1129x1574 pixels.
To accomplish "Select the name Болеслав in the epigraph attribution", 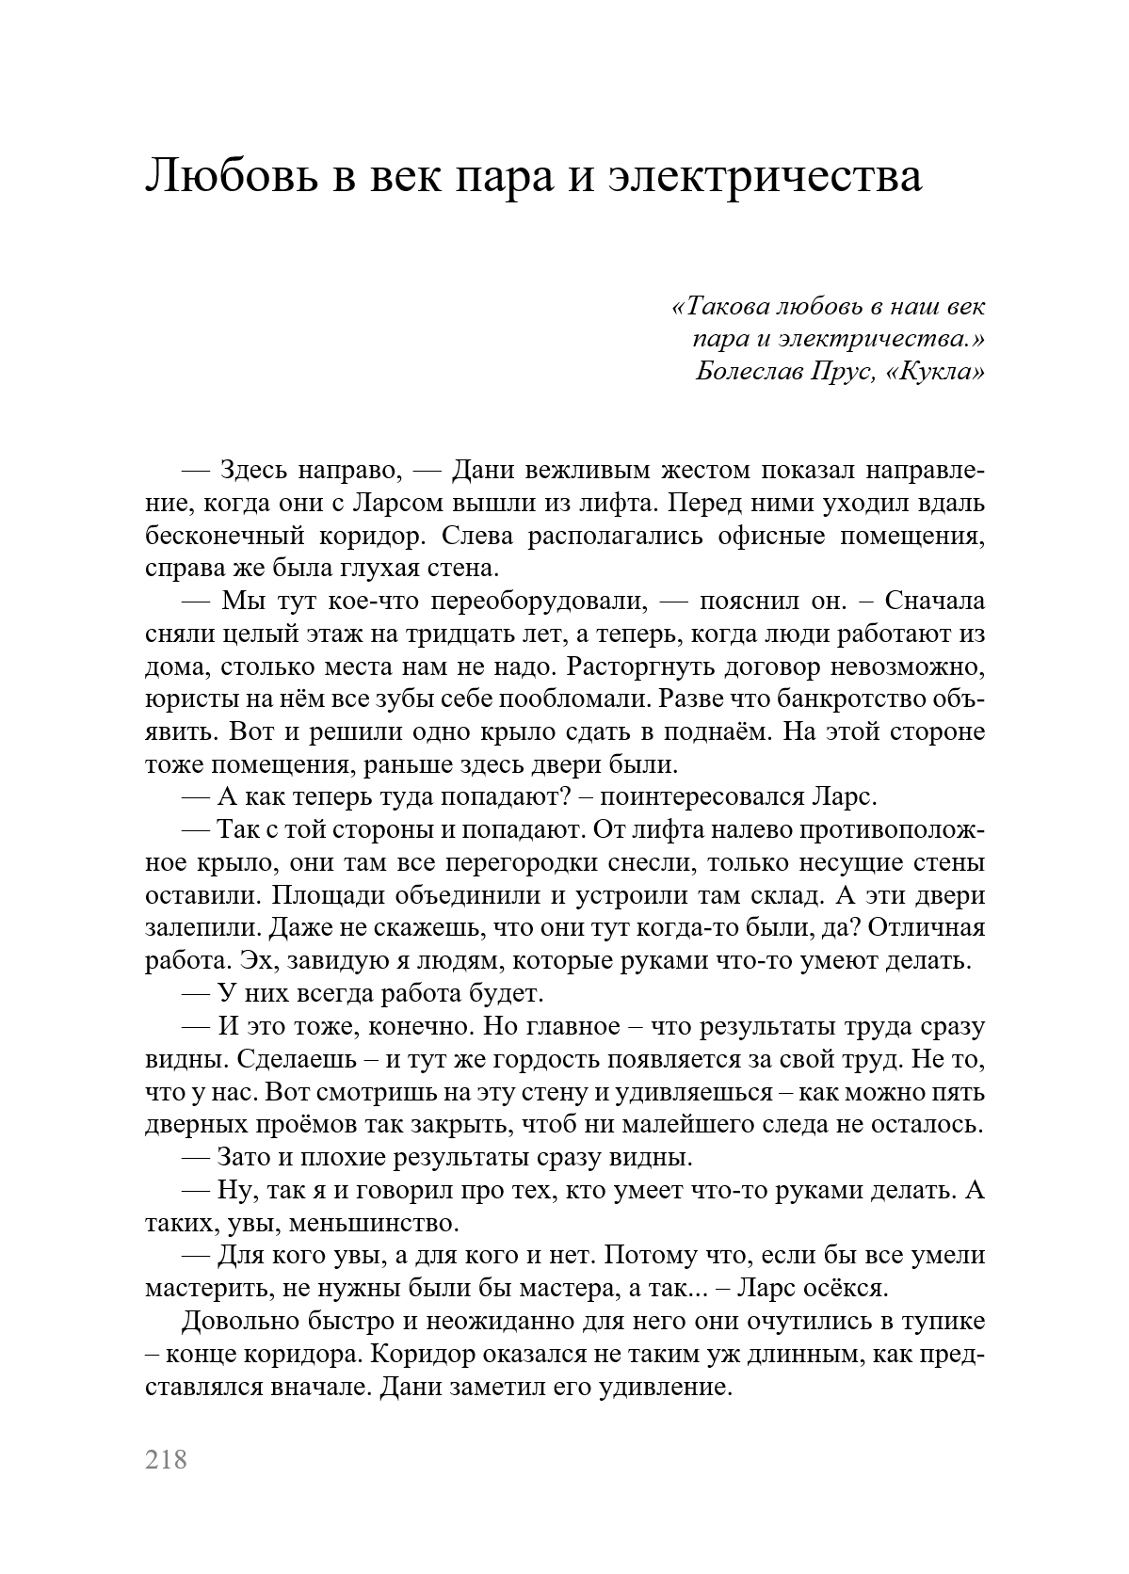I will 749,372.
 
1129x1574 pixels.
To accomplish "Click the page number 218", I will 167,1459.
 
